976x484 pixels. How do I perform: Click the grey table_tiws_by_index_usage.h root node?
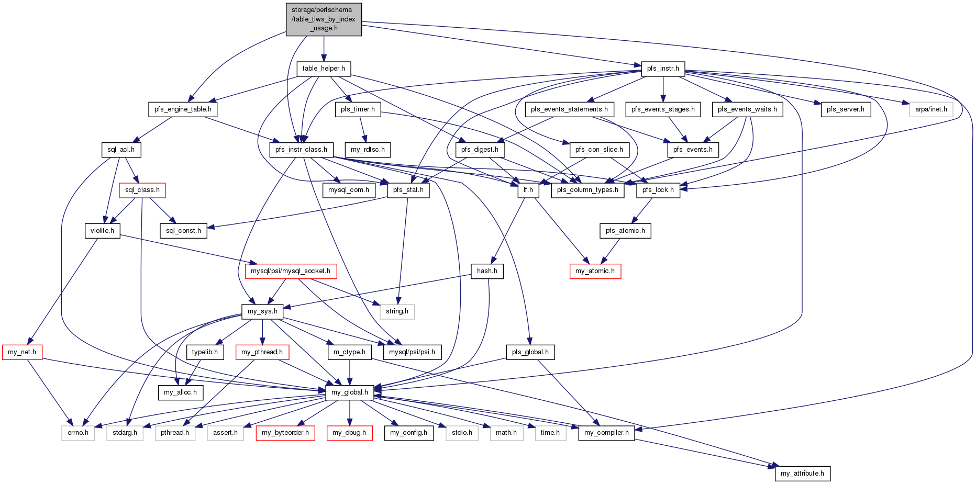click(x=324, y=19)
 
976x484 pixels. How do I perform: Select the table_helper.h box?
click(x=324, y=69)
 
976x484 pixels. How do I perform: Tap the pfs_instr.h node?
click(x=663, y=69)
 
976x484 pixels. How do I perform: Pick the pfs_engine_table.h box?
click(x=183, y=109)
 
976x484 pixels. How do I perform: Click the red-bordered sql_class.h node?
click(x=142, y=190)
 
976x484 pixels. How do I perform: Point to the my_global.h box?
click(x=350, y=392)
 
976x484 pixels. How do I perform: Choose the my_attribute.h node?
click(x=802, y=474)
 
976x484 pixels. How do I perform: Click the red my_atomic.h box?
click(x=595, y=271)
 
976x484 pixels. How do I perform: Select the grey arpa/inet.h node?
click(x=931, y=109)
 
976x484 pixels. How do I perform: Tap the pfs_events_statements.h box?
click(x=569, y=109)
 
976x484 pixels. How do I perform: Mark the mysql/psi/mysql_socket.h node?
click(x=291, y=271)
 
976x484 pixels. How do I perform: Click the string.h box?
click(x=397, y=311)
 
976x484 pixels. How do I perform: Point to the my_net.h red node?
click(x=22, y=352)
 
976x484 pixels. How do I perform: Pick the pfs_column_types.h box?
click(x=587, y=190)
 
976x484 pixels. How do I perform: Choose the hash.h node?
click(x=487, y=271)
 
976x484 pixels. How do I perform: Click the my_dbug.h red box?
click(x=349, y=433)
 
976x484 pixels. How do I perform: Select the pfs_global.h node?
click(x=530, y=352)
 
